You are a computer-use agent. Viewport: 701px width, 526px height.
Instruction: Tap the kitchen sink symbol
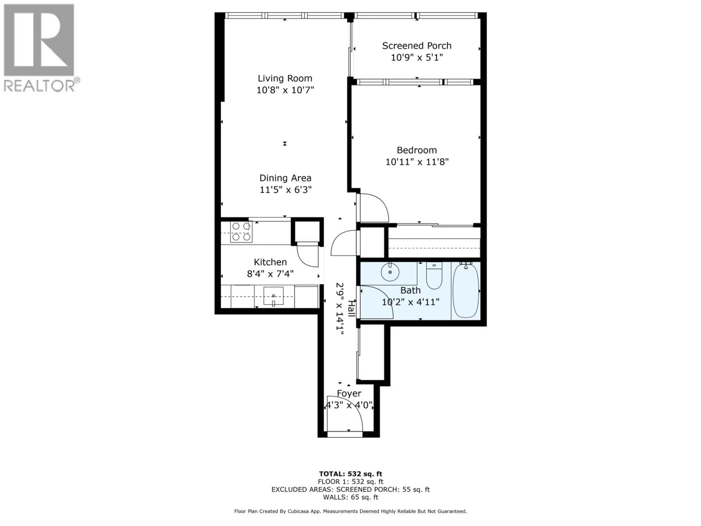(x=273, y=296)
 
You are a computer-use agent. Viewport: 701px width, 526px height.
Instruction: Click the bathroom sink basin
(x=390, y=272)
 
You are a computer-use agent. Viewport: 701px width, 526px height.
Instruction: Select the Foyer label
(x=349, y=393)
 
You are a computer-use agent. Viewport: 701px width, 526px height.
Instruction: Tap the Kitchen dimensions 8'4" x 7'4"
(x=270, y=274)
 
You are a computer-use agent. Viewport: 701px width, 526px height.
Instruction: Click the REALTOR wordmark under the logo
(x=40, y=86)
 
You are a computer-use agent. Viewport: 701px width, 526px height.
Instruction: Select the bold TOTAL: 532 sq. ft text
(x=350, y=474)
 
